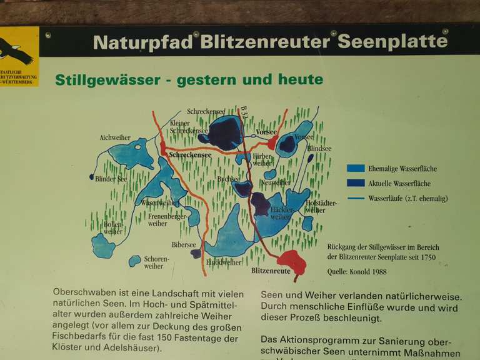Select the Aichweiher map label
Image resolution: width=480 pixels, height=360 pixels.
pyautogui.click(x=115, y=137)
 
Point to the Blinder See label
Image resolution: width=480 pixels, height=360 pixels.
pyautogui.click(x=111, y=178)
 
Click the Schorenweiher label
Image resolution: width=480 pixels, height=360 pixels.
pyautogui.click(x=156, y=262)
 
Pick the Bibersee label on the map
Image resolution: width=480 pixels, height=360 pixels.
pyautogui.click(x=184, y=245)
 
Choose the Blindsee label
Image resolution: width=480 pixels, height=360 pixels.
pyautogui.click(x=319, y=149)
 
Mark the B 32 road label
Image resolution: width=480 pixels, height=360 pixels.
pyautogui.click(x=244, y=113)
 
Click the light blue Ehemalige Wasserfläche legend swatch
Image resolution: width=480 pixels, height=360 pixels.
pyautogui.click(x=356, y=168)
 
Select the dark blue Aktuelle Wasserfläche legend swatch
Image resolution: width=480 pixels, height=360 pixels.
pyautogui.click(x=356, y=184)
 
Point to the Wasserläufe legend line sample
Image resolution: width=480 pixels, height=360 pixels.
pyautogui.click(x=356, y=199)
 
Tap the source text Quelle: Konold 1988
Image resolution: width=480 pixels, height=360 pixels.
pyautogui.click(x=357, y=272)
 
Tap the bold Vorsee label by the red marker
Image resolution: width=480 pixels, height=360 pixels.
pyautogui.click(x=266, y=132)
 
